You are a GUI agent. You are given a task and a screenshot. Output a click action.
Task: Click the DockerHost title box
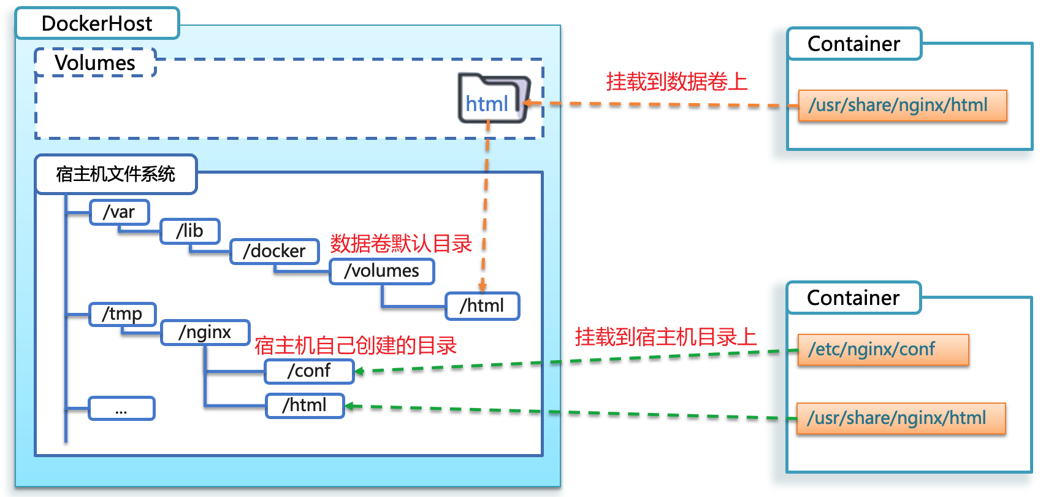(x=97, y=23)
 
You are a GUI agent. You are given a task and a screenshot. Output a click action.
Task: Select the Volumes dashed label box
(x=95, y=63)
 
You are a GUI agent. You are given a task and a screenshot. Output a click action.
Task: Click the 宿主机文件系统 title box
(x=116, y=174)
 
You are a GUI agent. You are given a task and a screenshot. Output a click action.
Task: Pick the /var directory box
(x=119, y=212)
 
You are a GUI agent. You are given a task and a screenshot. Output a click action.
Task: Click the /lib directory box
(x=189, y=231)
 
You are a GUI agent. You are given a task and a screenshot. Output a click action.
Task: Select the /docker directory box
(x=274, y=251)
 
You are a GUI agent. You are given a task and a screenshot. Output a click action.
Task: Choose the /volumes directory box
(x=381, y=271)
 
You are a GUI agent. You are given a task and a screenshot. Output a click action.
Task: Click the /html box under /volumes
(x=482, y=306)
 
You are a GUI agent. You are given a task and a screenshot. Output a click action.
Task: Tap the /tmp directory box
(x=122, y=314)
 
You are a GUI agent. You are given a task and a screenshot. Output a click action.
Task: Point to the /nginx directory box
(x=205, y=332)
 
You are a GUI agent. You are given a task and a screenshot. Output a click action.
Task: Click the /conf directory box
(x=309, y=371)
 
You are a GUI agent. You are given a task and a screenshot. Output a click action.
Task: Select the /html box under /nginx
(x=304, y=405)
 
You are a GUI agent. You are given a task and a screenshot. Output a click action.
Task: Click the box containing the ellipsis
(x=121, y=408)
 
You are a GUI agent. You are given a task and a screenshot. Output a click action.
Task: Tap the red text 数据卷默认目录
(x=401, y=244)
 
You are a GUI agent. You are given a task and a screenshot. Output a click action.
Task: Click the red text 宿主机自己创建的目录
(x=356, y=345)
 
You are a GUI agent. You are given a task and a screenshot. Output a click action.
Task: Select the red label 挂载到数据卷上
(x=676, y=81)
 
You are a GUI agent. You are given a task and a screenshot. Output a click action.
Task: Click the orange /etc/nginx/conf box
(x=882, y=349)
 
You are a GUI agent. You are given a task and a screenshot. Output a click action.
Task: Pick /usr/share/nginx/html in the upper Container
(x=902, y=105)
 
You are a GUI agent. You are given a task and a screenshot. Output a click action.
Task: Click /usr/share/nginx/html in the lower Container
(x=900, y=418)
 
